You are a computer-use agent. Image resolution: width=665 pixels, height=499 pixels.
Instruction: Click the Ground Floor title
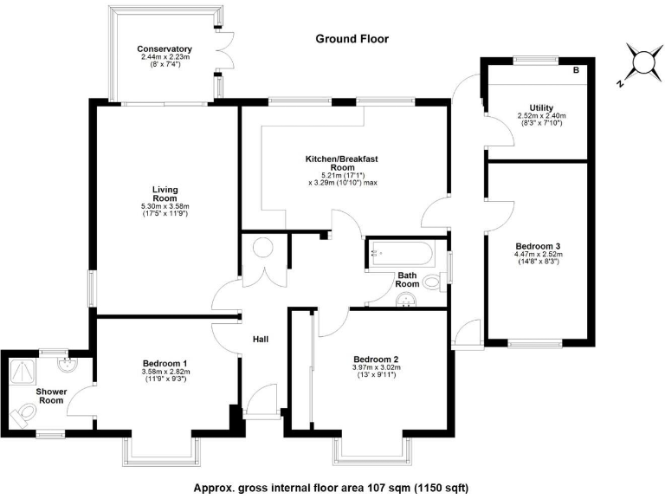(352, 39)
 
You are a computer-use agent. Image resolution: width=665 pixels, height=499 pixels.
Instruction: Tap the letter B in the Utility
(576, 69)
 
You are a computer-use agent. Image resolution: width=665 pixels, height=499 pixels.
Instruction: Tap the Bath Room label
(408, 279)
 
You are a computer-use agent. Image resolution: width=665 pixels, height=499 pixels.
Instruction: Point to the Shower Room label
(51, 396)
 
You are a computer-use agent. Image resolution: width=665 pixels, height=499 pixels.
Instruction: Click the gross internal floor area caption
(331, 486)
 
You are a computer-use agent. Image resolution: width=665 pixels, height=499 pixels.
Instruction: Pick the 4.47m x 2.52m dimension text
(541, 255)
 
